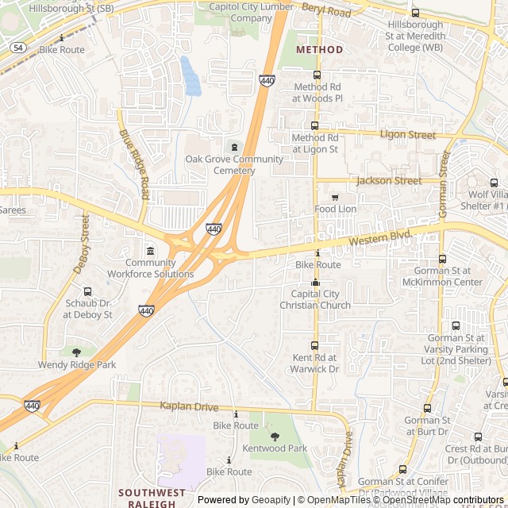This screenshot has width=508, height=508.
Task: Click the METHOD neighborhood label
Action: click(x=319, y=49)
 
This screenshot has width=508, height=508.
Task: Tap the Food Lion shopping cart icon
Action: click(x=335, y=197)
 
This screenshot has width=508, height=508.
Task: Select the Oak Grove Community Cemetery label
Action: click(x=234, y=164)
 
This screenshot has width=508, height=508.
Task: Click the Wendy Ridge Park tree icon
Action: click(x=77, y=352)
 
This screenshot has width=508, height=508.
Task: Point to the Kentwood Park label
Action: click(x=275, y=448)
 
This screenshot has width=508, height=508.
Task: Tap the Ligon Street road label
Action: click(x=408, y=135)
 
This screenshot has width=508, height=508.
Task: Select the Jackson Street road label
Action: click(x=389, y=181)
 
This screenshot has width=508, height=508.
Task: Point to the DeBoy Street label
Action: click(x=82, y=243)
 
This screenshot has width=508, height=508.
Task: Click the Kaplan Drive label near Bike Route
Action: click(x=188, y=406)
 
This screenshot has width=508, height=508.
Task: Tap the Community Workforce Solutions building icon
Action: click(x=151, y=251)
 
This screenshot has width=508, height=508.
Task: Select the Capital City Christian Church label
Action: click(x=315, y=299)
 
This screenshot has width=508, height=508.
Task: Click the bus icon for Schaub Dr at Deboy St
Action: click(x=87, y=291)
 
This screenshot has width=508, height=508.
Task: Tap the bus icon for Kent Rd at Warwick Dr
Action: click(x=314, y=345)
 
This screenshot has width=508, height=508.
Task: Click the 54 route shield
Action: click(x=17, y=48)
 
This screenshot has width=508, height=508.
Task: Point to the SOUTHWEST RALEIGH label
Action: click(x=147, y=498)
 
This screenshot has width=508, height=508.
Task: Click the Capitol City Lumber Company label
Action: click(x=240, y=12)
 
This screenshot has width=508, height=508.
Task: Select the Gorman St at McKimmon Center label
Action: click(x=442, y=276)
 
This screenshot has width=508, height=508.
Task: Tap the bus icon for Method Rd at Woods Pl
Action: click(x=317, y=75)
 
